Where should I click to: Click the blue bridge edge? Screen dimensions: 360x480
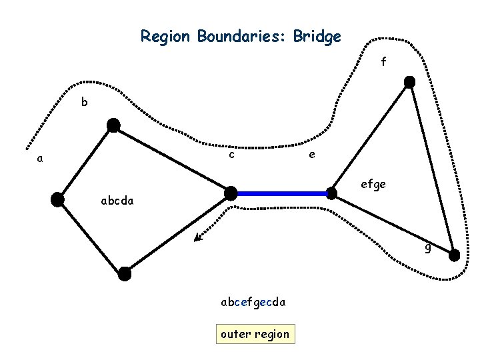(281, 193)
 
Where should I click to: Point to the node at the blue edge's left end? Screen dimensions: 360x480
(231, 193)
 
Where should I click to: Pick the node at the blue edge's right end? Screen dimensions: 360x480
(331, 193)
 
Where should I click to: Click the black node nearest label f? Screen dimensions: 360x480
(410, 82)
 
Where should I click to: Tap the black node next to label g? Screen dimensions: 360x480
(454, 255)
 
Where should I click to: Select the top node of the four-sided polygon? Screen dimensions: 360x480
(114, 125)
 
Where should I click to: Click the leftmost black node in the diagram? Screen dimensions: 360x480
(58, 199)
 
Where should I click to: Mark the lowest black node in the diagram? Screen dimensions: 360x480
(125, 273)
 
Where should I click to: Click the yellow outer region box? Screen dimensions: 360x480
(255, 334)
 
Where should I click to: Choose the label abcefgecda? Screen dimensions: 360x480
(253, 302)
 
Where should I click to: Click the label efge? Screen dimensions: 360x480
(373, 184)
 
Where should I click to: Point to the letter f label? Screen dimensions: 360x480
(383, 62)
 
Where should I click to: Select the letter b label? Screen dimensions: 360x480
(84, 102)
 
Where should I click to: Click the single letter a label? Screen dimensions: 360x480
(41, 159)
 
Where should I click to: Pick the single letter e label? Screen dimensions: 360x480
(311, 155)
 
